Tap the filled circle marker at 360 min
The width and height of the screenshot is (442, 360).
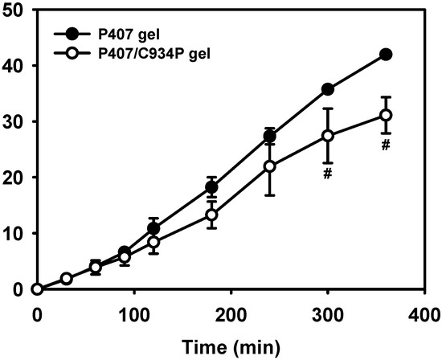coord(386,54)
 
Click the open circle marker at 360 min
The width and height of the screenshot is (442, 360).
coord(386,115)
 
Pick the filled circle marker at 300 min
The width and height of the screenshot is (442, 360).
coord(327,89)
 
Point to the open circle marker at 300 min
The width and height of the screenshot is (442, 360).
coord(327,136)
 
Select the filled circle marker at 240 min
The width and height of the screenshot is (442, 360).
coord(270,136)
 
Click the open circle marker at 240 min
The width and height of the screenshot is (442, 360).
coord(270,166)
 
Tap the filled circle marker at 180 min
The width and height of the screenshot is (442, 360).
coord(211,187)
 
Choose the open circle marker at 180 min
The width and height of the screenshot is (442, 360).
coord(211,215)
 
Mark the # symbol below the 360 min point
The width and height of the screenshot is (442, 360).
coord(386,145)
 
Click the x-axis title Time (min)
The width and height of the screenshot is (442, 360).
coord(231,347)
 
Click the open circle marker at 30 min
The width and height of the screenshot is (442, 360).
coord(67,278)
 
